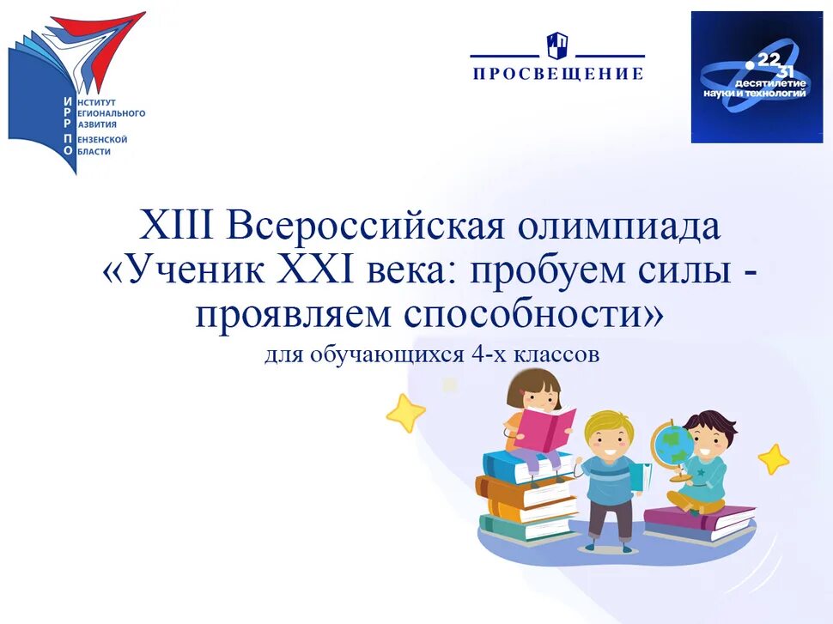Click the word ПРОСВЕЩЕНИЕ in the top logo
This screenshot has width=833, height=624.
point(558,74)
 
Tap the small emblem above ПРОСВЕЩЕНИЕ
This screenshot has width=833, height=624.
point(557,45)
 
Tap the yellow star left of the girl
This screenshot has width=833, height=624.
point(405,413)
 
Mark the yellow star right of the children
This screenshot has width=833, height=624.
point(774,459)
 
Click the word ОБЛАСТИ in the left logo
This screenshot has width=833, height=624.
point(94,152)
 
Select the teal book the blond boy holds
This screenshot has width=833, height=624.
point(636,477)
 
